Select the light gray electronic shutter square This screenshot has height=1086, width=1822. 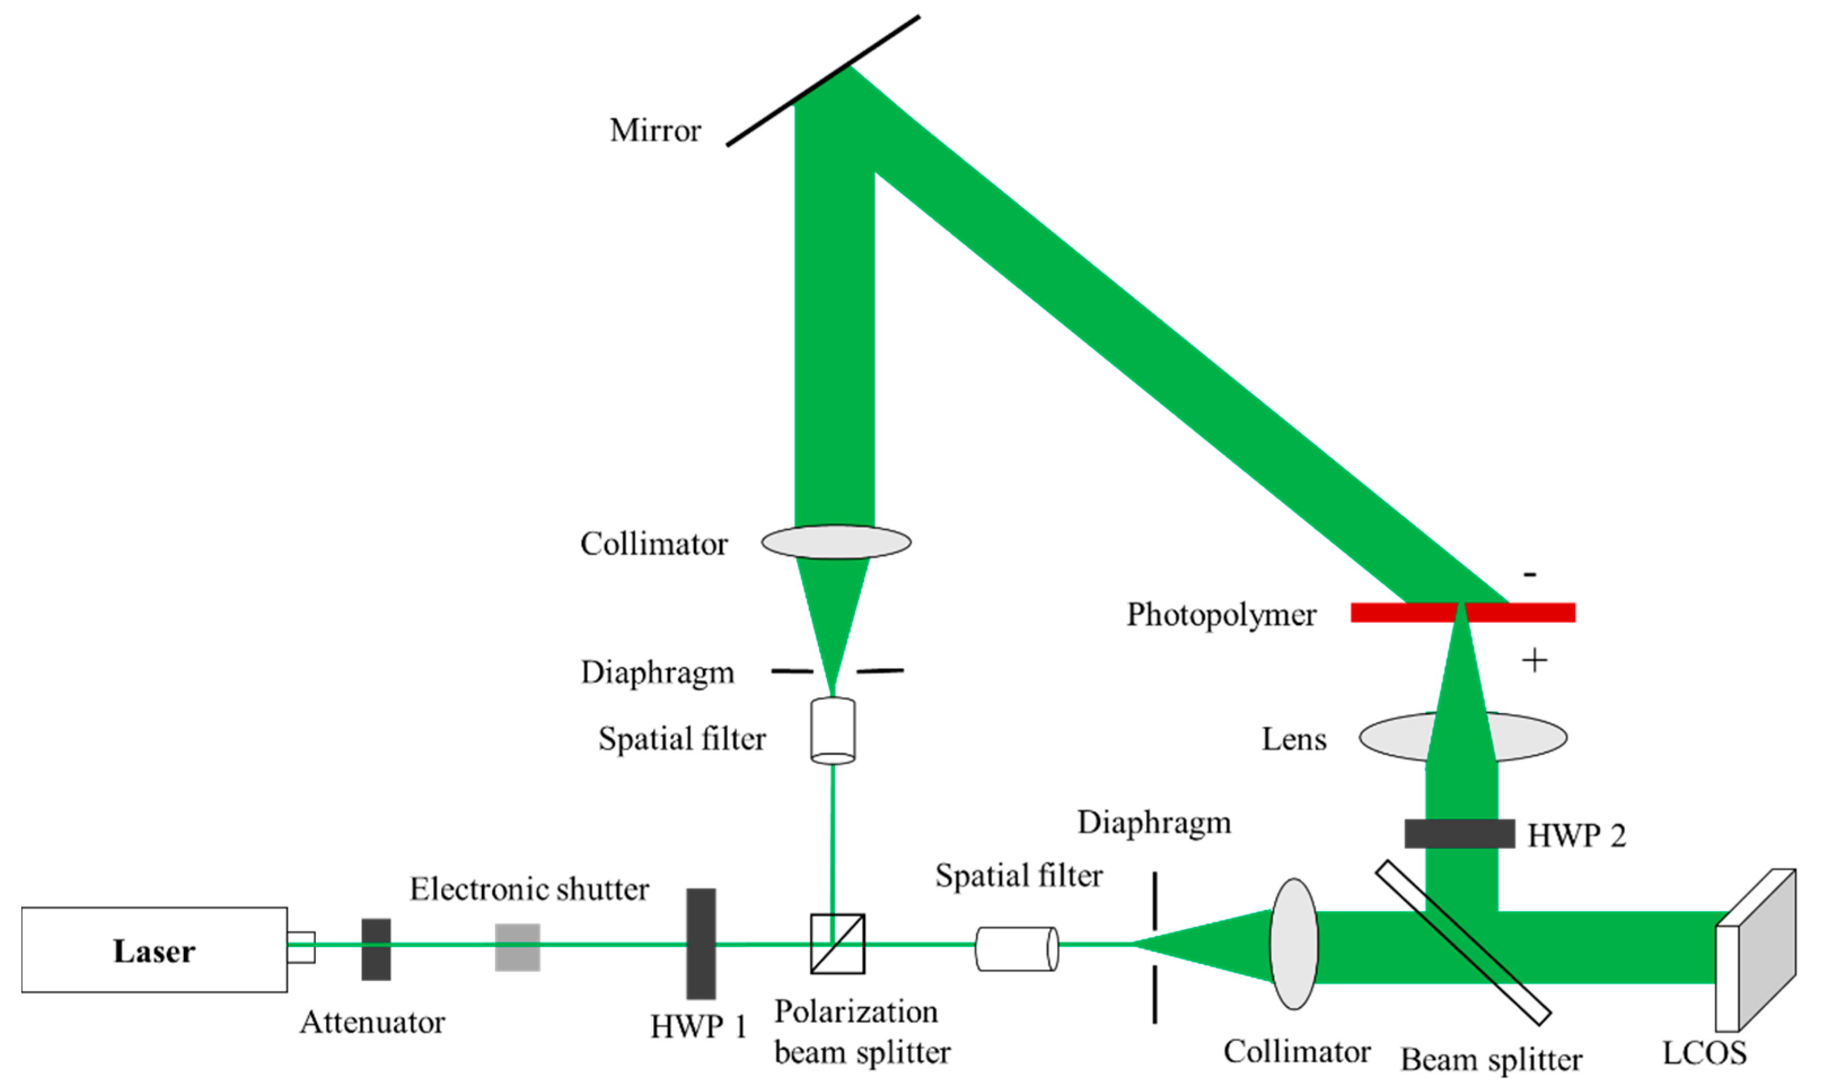(x=517, y=948)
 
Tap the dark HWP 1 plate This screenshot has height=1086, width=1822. (x=700, y=944)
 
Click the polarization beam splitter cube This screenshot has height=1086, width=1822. (x=838, y=944)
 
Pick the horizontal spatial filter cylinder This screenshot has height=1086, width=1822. (x=1017, y=949)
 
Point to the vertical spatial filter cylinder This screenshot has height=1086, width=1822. (x=833, y=731)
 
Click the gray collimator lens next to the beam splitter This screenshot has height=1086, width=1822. (x=1293, y=944)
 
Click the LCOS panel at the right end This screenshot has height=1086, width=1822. (x=1756, y=951)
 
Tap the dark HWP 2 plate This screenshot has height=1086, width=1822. (x=1459, y=833)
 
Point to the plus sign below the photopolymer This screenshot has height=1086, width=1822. (x=1534, y=661)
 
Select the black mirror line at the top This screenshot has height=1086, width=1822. (x=823, y=81)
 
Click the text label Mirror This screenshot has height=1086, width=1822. (x=655, y=130)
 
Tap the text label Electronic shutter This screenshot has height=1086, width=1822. (x=529, y=889)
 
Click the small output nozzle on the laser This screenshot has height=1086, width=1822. (x=301, y=948)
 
